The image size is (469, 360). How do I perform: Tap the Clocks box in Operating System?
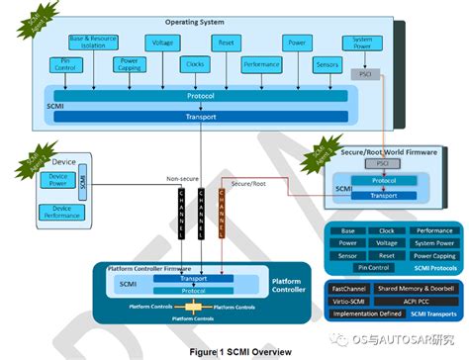(194, 65)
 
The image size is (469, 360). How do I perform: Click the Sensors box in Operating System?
(327, 65)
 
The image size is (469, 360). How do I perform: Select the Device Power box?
(57, 180)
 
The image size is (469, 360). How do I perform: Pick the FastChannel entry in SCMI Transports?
(351, 288)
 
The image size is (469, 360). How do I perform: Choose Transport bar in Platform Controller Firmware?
(193, 279)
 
